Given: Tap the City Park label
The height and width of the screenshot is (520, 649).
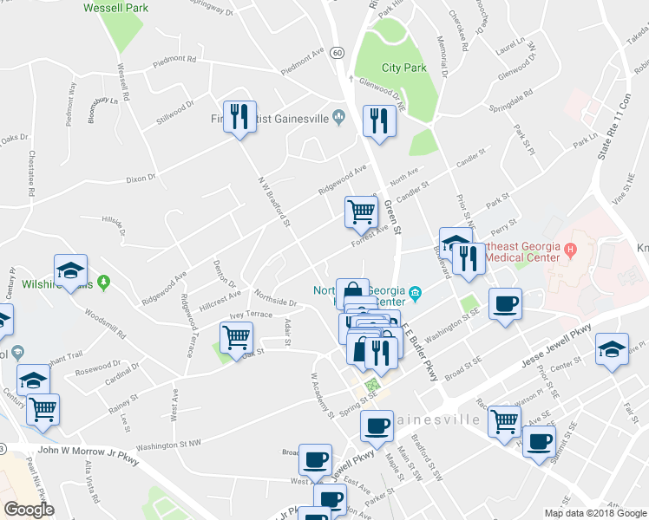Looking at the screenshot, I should click(x=403, y=68).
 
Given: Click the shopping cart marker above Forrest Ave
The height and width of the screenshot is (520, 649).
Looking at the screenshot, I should click(x=361, y=211).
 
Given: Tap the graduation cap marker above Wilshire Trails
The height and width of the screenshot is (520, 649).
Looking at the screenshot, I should click(x=71, y=270).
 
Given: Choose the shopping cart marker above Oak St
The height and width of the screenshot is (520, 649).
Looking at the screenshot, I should click(x=236, y=336).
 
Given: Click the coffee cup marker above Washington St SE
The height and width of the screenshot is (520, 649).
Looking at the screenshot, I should click(x=505, y=304).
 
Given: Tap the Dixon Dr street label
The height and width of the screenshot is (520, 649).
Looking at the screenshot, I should click(x=140, y=179).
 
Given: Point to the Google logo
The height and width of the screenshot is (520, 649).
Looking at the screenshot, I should click(x=29, y=510).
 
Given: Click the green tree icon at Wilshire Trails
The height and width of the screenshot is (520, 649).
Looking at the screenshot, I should click(x=104, y=281).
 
